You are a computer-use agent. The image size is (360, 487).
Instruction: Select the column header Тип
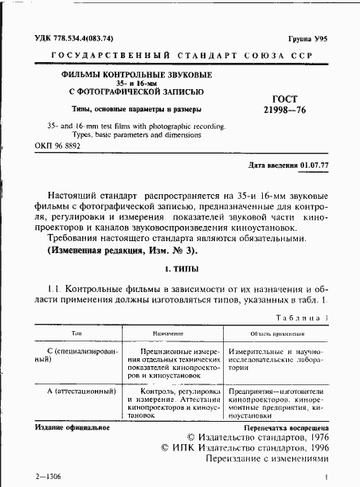[x=77, y=335]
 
